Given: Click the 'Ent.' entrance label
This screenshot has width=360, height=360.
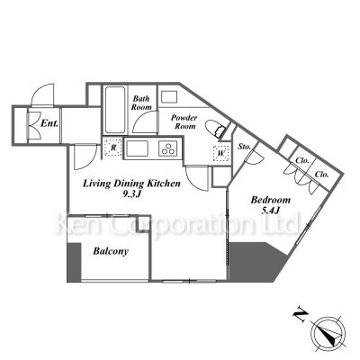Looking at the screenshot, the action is (x=49, y=123).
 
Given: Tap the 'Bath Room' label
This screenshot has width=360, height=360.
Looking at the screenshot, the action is (x=141, y=103).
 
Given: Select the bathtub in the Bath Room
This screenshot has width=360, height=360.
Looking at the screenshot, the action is (x=115, y=110).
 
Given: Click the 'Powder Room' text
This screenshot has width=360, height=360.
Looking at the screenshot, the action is (x=184, y=121).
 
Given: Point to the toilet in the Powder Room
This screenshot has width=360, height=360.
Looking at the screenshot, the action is (x=215, y=129).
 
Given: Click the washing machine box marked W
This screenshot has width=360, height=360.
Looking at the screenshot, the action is (x=221, y=154).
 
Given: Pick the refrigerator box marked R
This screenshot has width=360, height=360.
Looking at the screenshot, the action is (x=113, y=148).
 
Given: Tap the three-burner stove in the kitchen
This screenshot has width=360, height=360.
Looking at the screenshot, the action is (x=167, y=148).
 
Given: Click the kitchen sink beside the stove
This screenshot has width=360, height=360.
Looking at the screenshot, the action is (x=137, y=148).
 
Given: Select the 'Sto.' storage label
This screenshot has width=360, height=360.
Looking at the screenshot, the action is (x=244, y=147).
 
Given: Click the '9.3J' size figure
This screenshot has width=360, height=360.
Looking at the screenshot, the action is (x=131, y=194).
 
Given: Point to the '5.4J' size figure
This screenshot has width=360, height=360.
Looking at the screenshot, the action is (x=271, y=211).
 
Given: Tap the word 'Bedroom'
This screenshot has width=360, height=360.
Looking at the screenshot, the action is (x=271, y=200).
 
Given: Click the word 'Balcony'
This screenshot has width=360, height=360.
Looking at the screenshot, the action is (x=111, y=251).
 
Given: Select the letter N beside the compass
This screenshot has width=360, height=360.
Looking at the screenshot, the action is (x=301, y=316).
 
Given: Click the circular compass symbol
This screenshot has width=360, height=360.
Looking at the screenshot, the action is (x=328, y=333).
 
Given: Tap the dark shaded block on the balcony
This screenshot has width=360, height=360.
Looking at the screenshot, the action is (x=74, y=262).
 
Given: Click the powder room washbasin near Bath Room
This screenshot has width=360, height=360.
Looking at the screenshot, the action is (x=169, y=97).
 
